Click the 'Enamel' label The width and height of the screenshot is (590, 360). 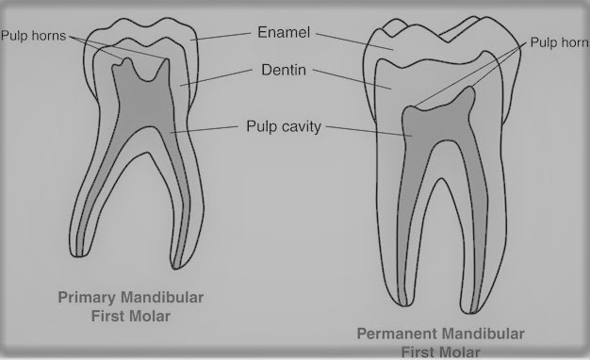pos(282,33)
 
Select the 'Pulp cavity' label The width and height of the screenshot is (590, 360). pos(283,125)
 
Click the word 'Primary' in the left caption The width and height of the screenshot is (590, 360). pos(90,298)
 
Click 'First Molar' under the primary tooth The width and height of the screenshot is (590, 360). pos(133,316)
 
